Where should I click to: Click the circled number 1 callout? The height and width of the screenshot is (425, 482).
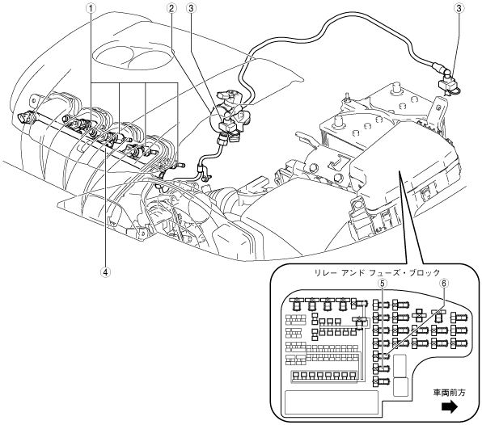click(x=90, y=9)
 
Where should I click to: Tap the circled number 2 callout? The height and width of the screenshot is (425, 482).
click(x=171, y=8)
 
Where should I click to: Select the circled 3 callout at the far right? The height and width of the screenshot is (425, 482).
click(x=459, y=8)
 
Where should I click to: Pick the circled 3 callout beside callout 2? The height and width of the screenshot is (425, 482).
click(x=191, y=8)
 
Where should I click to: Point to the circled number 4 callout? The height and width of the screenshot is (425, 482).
click(x=106, y=271)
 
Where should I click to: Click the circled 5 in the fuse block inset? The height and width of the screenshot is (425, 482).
click(x=382, y=283)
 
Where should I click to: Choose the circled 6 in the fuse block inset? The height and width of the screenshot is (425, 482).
click(x=443, y=283)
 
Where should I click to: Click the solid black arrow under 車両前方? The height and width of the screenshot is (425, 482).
click(x=450, y=407)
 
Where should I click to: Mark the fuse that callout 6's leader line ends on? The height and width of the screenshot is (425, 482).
click(x=382, y=356)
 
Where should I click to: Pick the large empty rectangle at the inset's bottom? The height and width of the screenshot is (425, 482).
click(x=332, y=402)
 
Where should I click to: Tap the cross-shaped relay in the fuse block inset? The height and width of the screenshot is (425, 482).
click(x=420, y=315)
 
